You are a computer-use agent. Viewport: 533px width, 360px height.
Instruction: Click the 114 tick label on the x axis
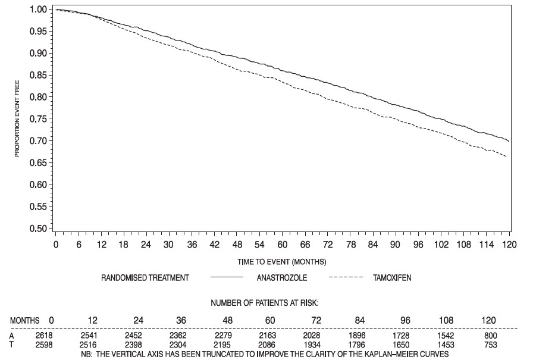pos(489,245)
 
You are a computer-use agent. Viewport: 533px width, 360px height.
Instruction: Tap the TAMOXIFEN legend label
pos(393,278)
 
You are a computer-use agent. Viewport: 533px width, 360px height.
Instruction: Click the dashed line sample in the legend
pos(345,278)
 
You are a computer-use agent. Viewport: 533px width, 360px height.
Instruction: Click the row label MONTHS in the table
pos(25,321)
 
